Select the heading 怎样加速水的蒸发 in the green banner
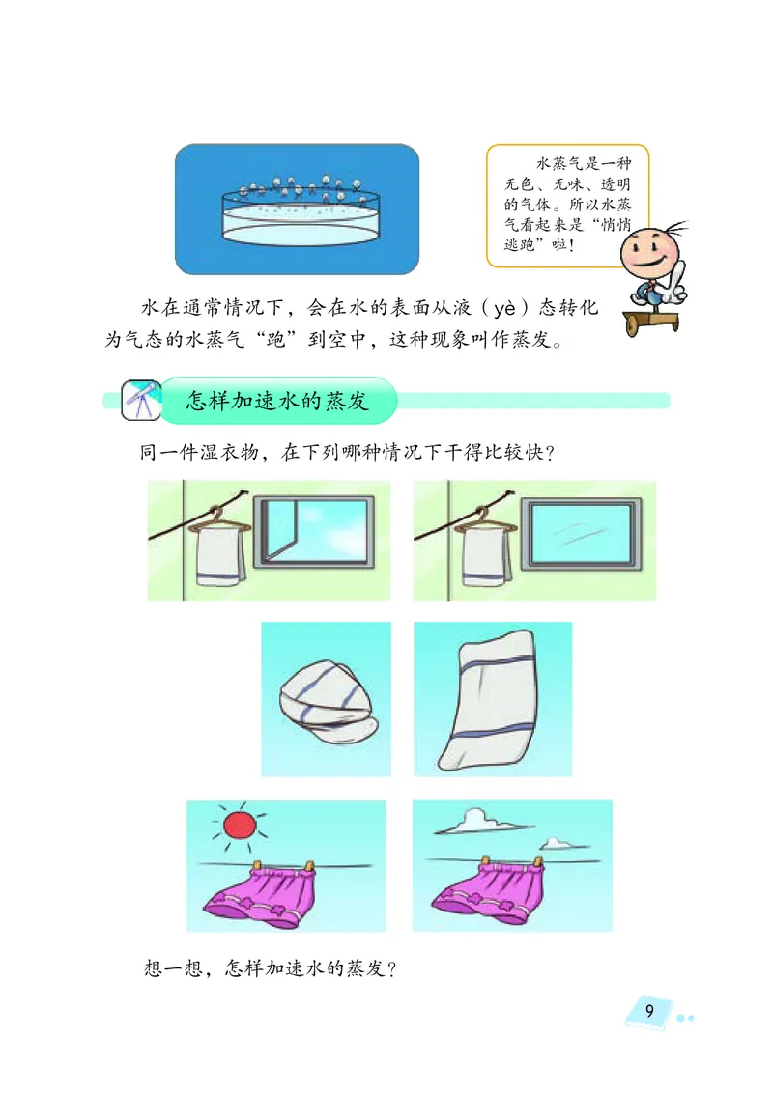pyautogui.click(x=277, y=401)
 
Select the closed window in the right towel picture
pyautogui.click(x=581, y=533)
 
